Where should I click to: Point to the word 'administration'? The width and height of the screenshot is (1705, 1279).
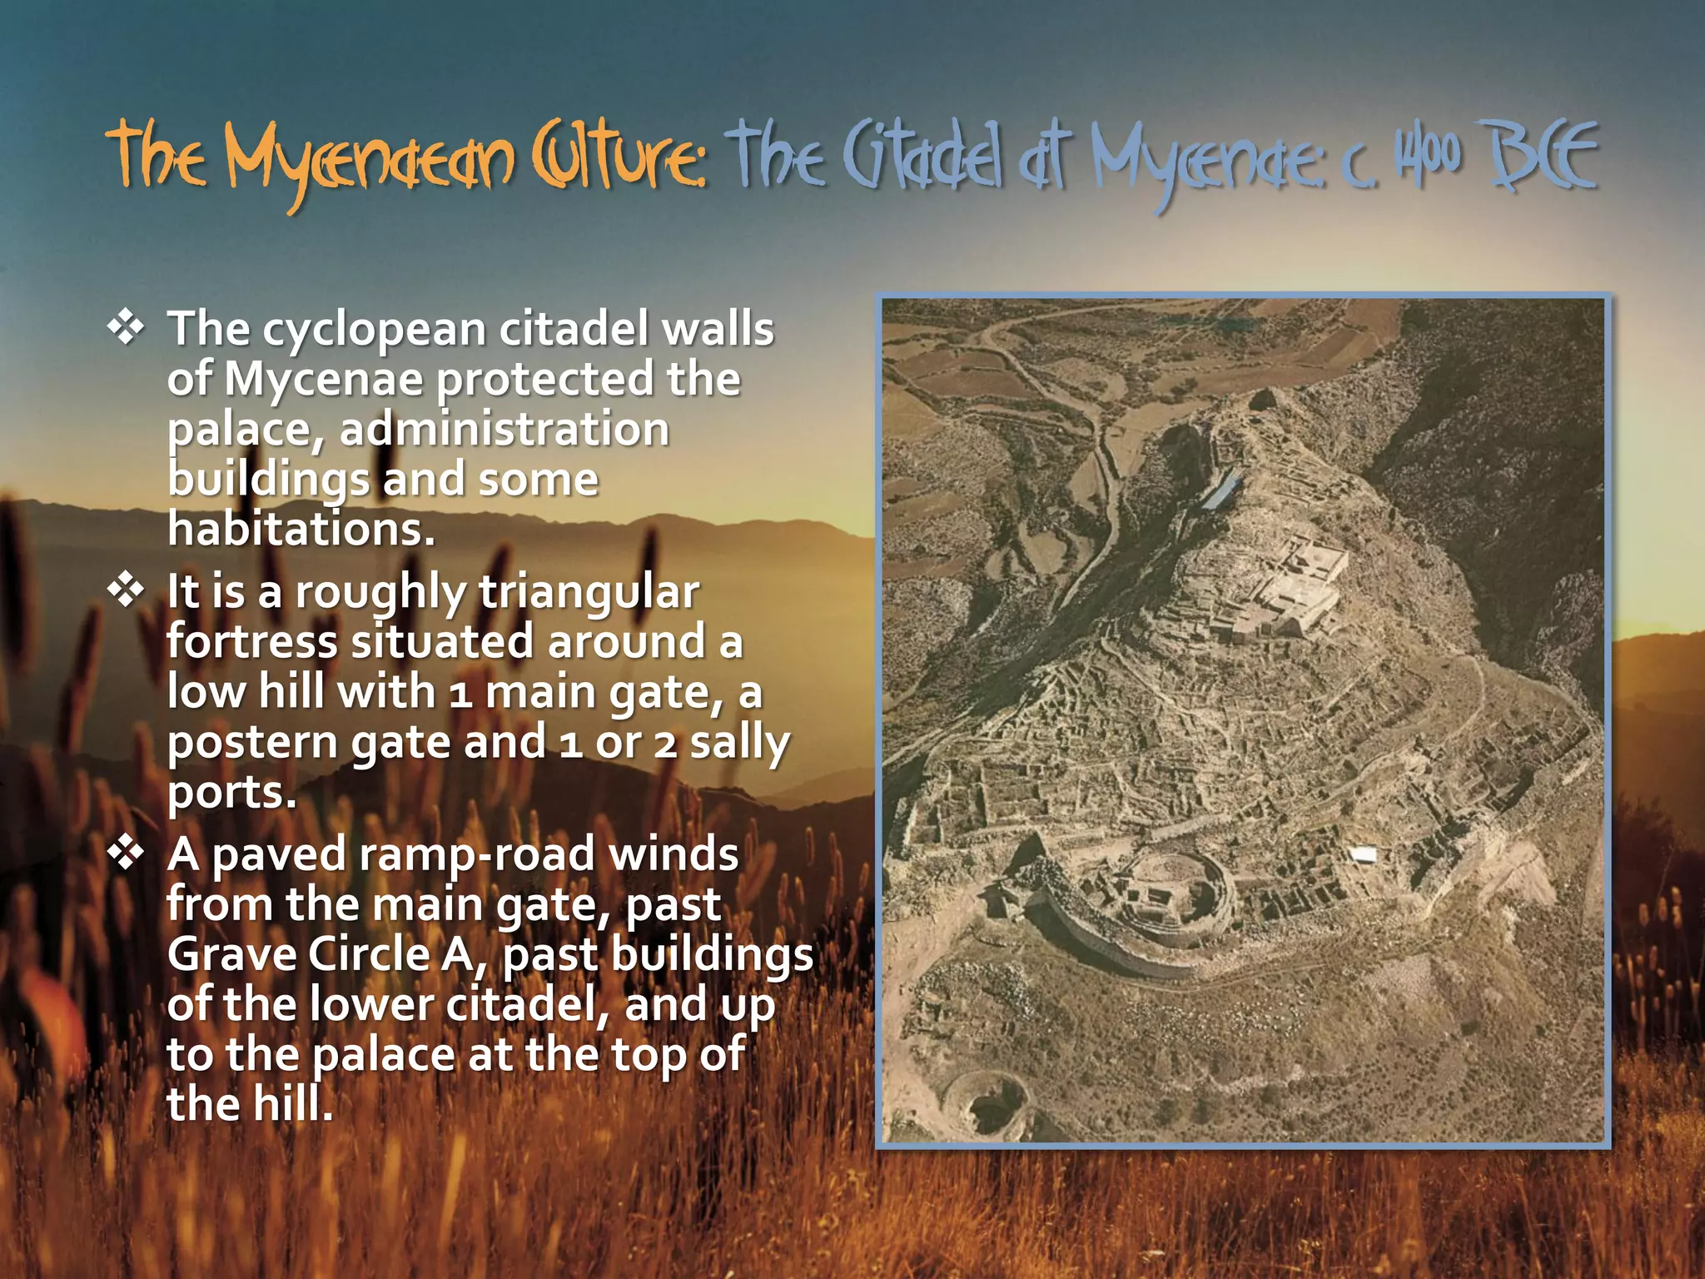504,430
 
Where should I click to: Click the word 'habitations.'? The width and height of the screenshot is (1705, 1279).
301,530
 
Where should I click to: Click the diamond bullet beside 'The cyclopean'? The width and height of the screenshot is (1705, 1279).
126,327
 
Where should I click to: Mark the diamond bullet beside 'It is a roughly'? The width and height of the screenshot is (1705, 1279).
126,590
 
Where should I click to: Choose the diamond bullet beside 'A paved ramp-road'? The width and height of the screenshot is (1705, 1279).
126,853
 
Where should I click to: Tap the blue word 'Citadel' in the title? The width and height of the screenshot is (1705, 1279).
923,158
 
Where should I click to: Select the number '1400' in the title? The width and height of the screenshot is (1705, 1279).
1429,156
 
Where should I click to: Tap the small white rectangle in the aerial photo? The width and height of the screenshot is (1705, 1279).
1363,854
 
